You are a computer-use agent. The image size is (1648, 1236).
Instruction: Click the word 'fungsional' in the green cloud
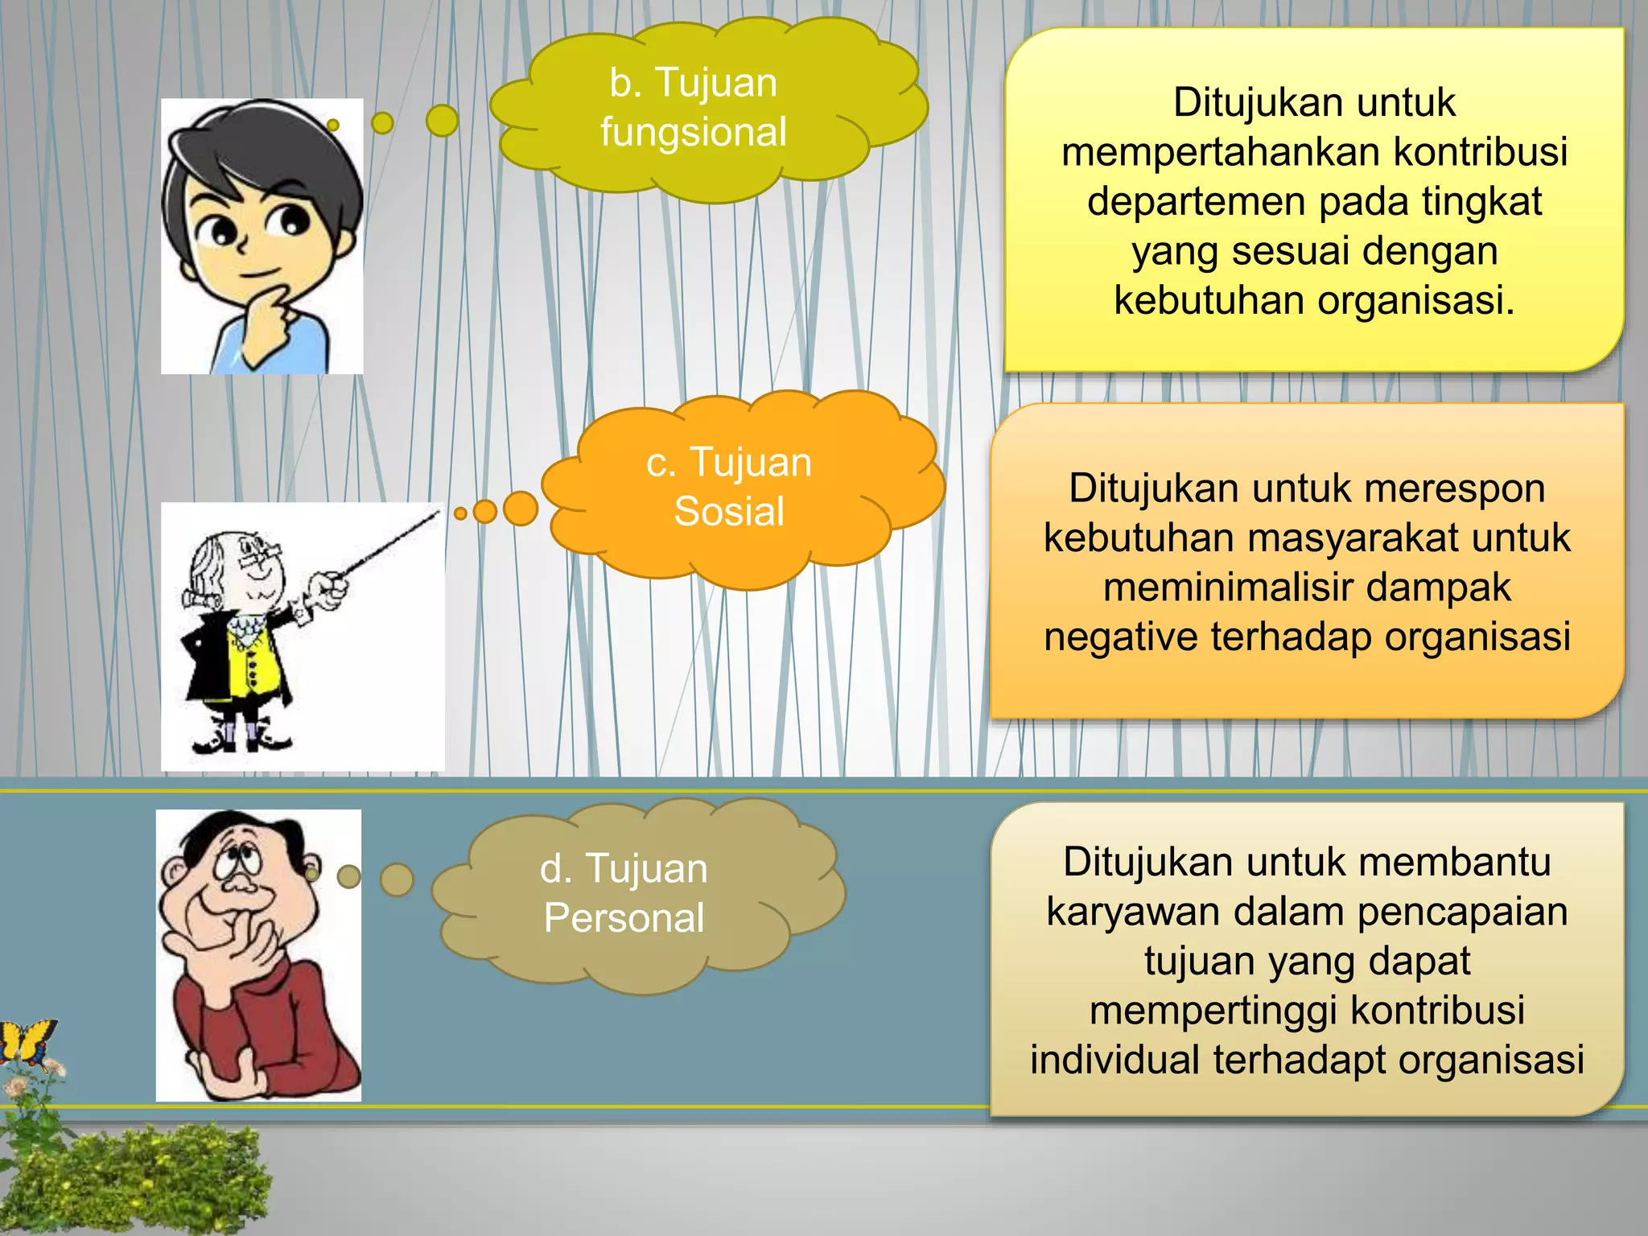(693, 133)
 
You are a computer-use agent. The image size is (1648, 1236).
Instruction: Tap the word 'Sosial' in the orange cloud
(729, 512)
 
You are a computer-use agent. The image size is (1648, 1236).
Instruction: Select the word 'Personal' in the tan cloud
(624, 918)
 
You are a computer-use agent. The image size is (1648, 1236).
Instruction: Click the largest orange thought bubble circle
(521, 509)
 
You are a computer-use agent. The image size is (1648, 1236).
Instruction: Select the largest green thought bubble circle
(442, 121)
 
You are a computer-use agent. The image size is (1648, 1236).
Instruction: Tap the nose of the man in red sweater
(238, 884)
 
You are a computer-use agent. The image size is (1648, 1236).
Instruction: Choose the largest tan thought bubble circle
(397, 880)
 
